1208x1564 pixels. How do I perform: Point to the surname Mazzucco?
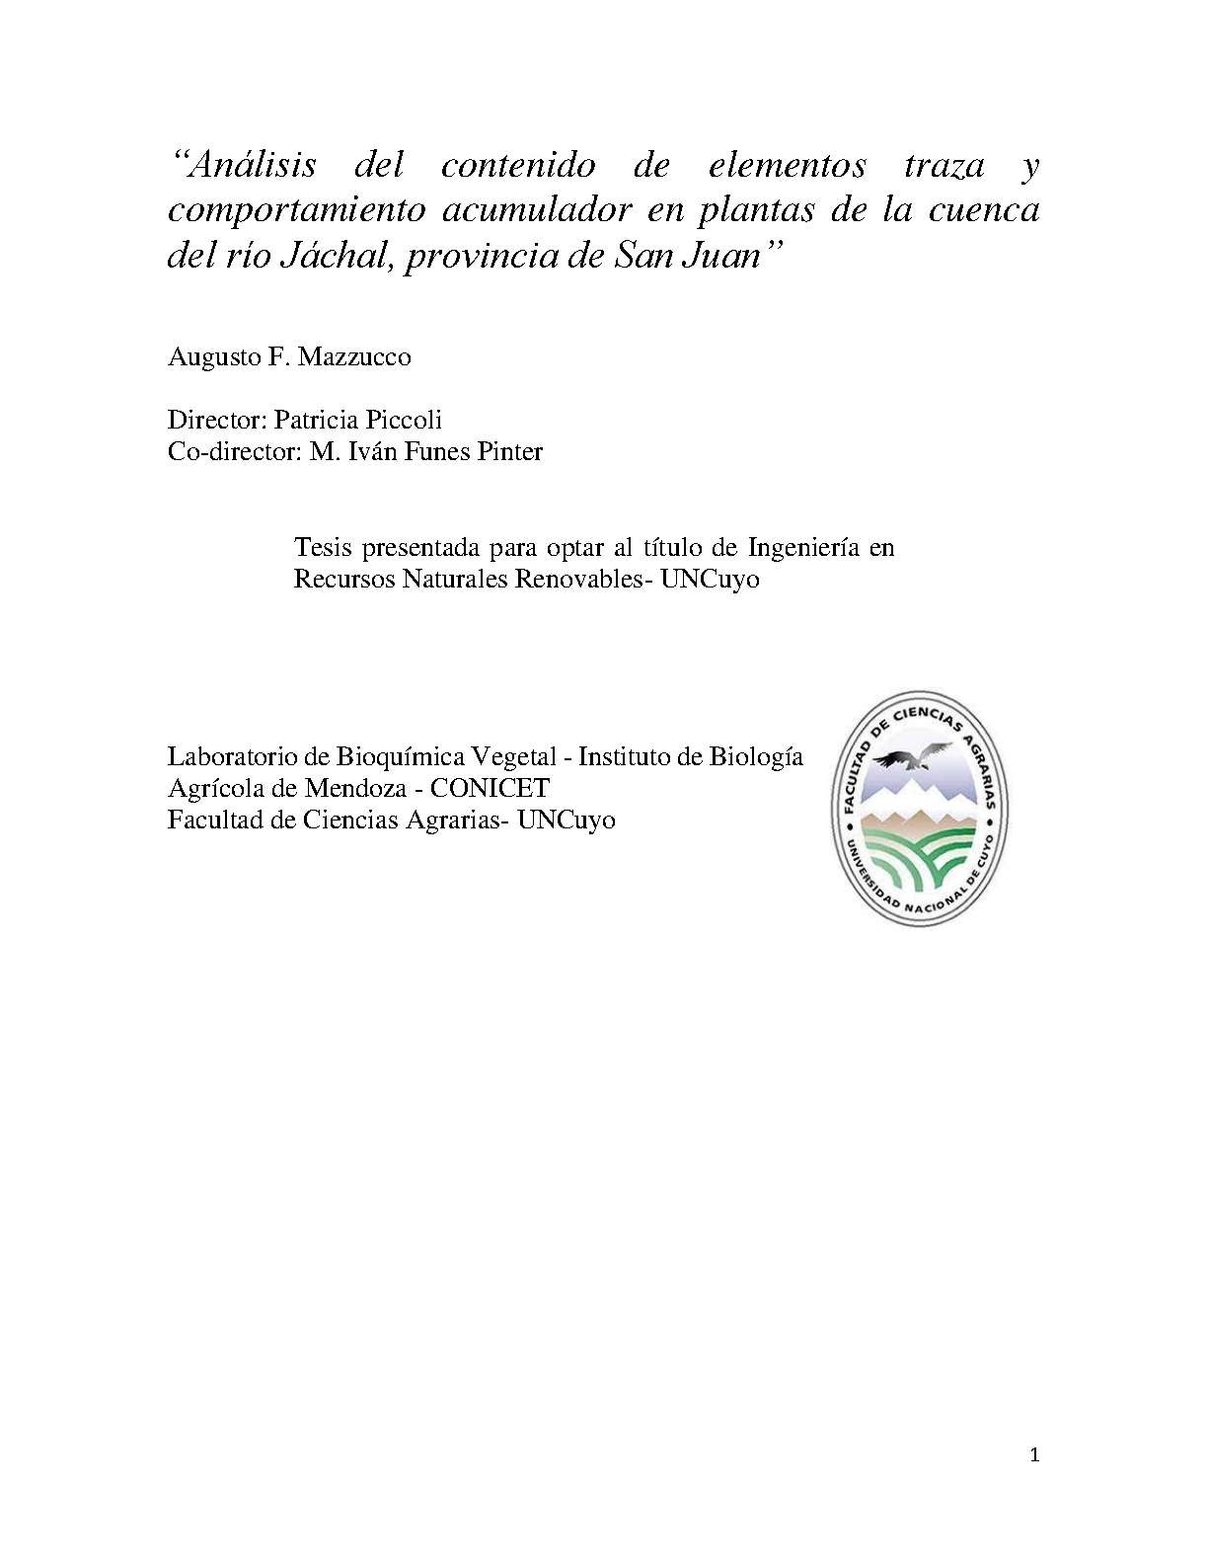[x=354, y=356]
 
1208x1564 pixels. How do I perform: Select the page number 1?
[x=1034, y=1454]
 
